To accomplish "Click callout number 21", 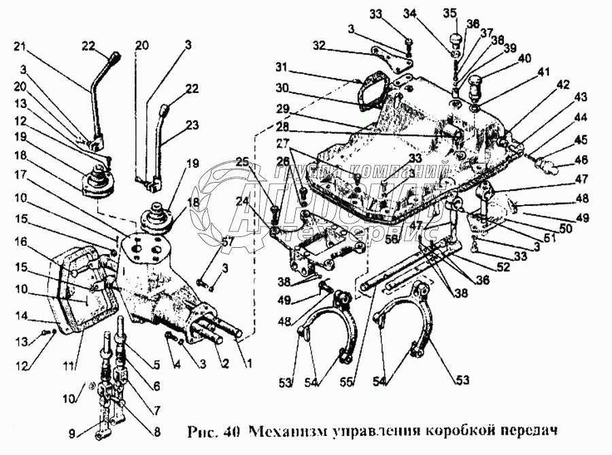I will [x=18, y=47].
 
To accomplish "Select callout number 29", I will [x=283, y=109].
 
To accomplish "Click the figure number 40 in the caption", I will [x=236, y=431].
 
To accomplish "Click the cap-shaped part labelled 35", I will [x=456, y=35].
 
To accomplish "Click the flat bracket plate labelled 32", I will [x=390, y=57].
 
